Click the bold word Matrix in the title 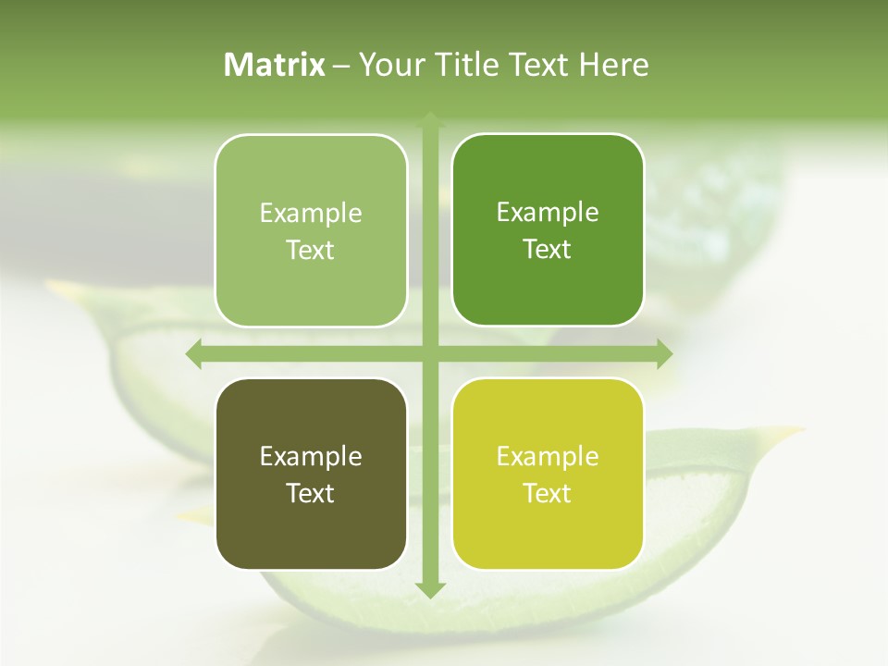[x=275, y=65]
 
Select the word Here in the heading [x=614, y=65]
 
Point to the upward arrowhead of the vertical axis [x=430, y=119]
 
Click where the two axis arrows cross [x=430, y=353]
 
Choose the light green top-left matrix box [x=311, y=230]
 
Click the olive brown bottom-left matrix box [x=311, y=474]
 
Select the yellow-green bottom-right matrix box [x=548, y=474]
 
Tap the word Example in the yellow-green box [x=548, y=456]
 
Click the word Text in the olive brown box [x=311, y=493]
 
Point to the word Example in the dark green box [x=548, y=212]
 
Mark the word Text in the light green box [x=311, y=250]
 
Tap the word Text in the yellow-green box [x=548, y=493]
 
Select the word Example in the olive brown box [x=311, y=456]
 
